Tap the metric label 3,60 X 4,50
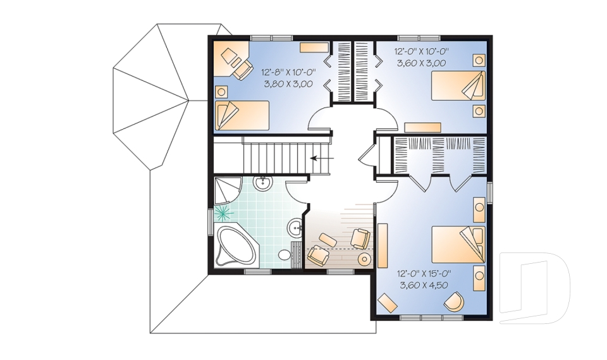[x=424, y=285]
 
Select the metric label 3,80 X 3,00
[x=287, y=84]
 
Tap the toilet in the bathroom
[x=285, y=255]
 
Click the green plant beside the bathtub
[x=223, y=212]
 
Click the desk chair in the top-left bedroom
[x=241, y=69]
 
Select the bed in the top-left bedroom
[x=242, y=116]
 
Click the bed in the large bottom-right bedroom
[x=458, y=245]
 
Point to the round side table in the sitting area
[x=365, y=259]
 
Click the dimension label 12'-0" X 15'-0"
[x=424, y=274]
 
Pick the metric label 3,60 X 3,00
[x=422, y=63]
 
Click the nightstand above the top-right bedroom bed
[x=479, y=61]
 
